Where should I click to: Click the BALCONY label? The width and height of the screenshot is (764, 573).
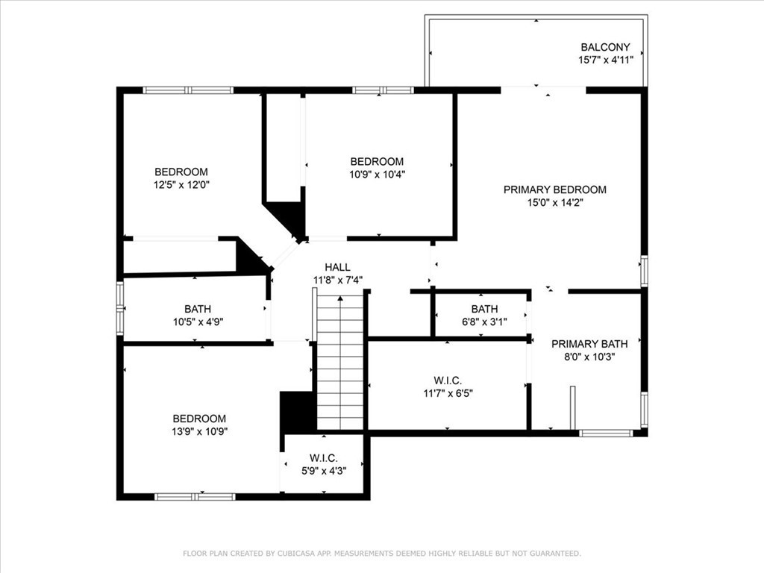(x=605, y=47)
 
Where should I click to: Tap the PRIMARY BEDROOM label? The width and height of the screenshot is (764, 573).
(x=555, y=190)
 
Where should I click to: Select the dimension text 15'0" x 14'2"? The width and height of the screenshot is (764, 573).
(x=555, y=202)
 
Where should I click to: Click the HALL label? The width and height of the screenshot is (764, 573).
(x=338, y=267)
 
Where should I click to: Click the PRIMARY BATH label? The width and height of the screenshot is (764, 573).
(x=589, y=344)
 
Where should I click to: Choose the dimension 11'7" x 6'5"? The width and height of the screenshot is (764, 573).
(x=448, y=393)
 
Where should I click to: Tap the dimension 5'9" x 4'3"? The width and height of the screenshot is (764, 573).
(x=324, y=471)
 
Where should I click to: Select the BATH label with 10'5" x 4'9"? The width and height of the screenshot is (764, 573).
(x=198, y=309)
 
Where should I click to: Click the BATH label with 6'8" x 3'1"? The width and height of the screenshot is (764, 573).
(x=484, y=309)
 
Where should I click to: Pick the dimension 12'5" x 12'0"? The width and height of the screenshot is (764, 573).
(x=181, y=185)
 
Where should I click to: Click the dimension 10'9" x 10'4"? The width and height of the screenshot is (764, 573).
(x=377, y=174)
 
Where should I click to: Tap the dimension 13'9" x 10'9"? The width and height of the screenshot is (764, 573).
(x=200, y=431)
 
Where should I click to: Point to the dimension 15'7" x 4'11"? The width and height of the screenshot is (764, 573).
(x=606, y=60)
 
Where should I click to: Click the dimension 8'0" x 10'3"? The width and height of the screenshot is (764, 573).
(x=589, y=357)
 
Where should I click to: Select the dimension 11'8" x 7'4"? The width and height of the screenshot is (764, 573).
(x=338, y=280)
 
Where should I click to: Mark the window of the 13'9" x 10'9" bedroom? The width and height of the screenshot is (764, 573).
(x=195, y=496)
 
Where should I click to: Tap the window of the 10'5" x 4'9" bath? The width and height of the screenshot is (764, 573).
(x=120, y=308)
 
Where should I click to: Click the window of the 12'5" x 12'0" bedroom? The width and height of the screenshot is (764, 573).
(x=188, y=90)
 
